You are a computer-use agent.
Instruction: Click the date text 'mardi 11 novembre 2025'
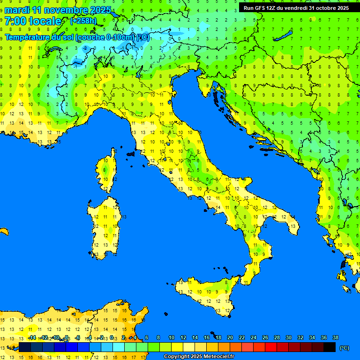point(58,10)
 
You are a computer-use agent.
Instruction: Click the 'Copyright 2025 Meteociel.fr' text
point(199,357)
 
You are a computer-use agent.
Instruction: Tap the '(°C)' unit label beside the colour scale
point(344,348)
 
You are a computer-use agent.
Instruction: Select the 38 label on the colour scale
point(335,337)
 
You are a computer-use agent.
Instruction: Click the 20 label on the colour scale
point(230,337)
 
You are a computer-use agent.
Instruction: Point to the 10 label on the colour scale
point(171,337)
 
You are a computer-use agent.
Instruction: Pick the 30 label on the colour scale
point(288,337)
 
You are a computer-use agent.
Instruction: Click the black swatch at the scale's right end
point(330,347)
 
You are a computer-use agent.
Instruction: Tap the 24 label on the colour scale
point(253,337)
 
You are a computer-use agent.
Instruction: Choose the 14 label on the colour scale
point(195,337)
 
